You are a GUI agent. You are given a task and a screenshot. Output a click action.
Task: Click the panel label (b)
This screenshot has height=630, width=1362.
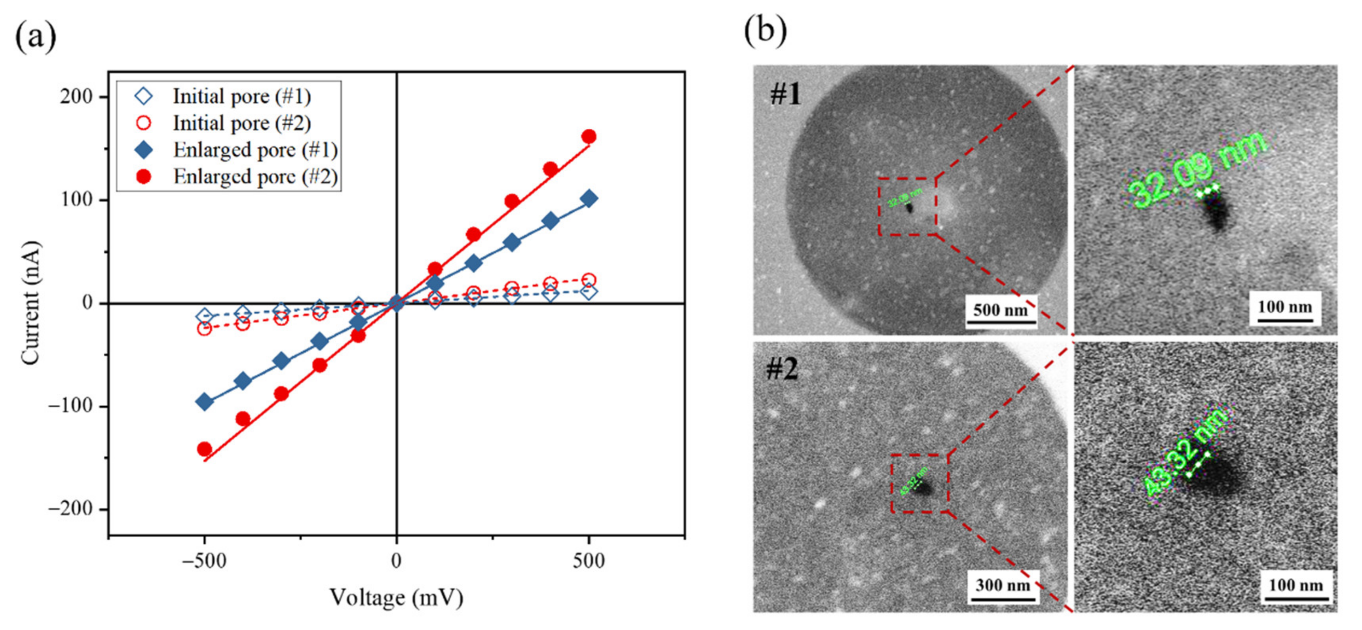(765, 30)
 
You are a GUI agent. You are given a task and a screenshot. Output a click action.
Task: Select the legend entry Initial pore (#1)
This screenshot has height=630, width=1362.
(241, 96)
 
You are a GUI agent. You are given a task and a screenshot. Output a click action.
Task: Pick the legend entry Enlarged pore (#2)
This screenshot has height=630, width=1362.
(255, 176)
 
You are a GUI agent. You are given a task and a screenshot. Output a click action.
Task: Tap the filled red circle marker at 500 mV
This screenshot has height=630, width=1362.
(589, 137)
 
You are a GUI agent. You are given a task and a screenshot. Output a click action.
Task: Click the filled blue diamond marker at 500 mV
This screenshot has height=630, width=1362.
(589, 199)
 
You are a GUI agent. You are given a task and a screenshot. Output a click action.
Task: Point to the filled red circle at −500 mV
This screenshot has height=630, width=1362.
(204, 449)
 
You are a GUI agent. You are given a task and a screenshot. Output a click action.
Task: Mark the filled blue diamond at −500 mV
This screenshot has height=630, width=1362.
(204, 402)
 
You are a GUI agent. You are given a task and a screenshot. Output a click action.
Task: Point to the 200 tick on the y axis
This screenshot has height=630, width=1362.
(76, 97)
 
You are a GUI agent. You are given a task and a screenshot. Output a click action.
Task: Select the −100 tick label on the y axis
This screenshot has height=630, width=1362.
(70, 406)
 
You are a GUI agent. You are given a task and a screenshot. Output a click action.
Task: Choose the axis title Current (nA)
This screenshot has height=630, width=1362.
(30, 303)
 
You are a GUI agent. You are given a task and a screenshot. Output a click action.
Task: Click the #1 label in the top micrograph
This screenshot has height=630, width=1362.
(786, 95)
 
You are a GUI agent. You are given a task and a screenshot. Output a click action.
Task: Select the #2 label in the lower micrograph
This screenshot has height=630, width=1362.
(782, 370)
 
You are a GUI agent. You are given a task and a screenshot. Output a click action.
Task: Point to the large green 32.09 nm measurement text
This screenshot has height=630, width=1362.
(1198, 169)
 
